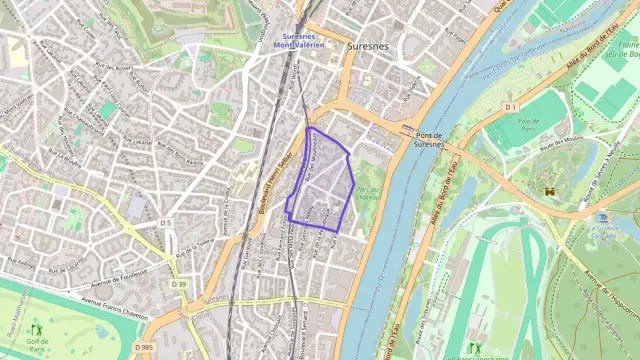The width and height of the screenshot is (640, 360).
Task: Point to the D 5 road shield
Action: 166,222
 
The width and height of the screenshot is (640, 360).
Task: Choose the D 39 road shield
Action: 178,285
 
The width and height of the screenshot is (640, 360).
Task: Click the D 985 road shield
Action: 143,346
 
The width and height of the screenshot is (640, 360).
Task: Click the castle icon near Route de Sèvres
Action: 548,189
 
